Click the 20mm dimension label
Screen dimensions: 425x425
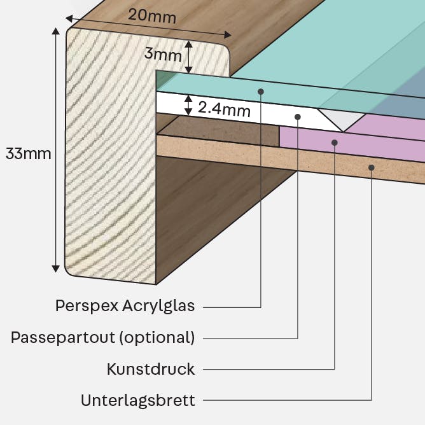(152, 17)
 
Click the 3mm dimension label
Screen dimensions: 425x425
(163, 54)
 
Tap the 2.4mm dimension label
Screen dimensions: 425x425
(224, 109)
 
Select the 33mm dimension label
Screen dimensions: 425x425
(29, 154)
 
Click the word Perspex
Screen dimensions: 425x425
(87, 306)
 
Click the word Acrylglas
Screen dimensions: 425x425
(158, 306)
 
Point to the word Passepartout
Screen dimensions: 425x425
(63, 338)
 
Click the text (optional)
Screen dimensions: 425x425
(157, 338)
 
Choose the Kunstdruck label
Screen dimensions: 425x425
(151, 369)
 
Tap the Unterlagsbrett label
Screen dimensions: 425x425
(138, 400)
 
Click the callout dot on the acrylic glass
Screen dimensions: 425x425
(261, 92)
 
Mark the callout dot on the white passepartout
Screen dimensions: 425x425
(298, 117)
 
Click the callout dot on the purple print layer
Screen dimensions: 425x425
(335, 143)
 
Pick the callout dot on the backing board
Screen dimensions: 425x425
(372, 168)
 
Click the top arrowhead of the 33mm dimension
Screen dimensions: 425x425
(55, 31)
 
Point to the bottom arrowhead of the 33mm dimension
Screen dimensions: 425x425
(55, 268)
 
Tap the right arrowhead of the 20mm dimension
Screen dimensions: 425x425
(228, 35)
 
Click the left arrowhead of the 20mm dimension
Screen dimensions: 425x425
(69, 18)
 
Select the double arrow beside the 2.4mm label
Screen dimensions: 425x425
(188, 105)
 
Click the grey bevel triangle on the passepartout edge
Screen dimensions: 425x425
(342, 118)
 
